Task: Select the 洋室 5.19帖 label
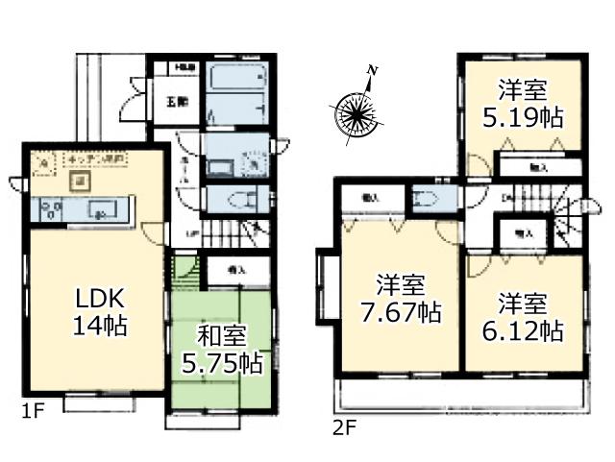coord(522,104)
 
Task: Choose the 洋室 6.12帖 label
coord(522,318)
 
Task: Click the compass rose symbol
coord(356,112)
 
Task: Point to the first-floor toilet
coord(239,200)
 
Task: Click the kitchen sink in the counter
coord(99,208)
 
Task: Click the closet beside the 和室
coord(234,269)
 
